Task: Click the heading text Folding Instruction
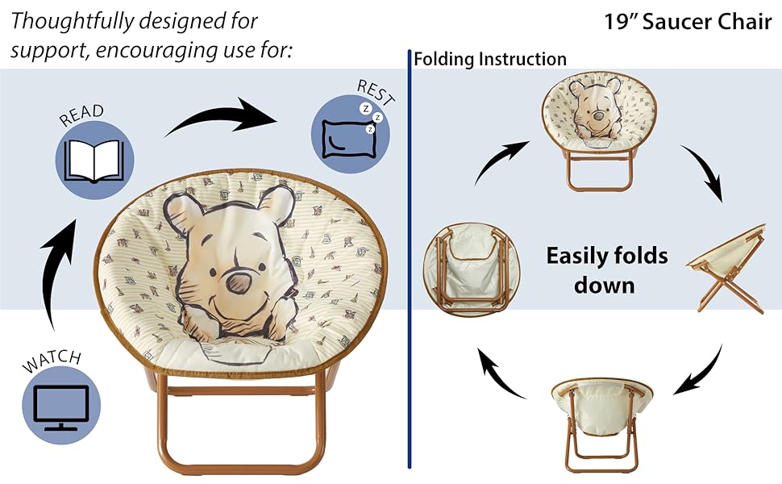tap(489, 60)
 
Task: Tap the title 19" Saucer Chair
tap(687, 22)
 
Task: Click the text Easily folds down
tap(606, 270)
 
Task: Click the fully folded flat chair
tap(466, 268)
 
